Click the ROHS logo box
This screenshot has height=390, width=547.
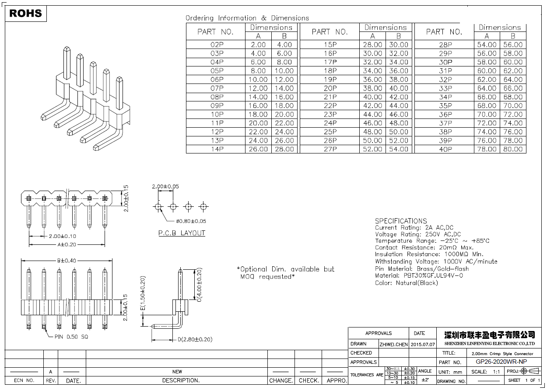[26, 14]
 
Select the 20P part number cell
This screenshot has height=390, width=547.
[330, 88]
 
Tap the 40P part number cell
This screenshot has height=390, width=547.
[445, 149]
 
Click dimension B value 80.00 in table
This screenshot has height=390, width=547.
[513, 149]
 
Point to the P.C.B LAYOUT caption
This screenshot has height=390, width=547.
[182, 233]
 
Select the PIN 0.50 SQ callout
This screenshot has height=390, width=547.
[71, 337]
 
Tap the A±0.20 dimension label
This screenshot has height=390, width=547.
[67, 244]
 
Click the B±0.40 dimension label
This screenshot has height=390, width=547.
[67, 261]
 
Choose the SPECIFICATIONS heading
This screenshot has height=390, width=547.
[400, 221]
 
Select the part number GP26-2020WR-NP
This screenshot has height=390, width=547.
[501, 362]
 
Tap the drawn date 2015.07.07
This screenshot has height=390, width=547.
[423, 344]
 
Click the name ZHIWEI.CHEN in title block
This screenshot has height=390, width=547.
[393, 344]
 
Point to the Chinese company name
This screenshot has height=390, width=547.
[489, 335]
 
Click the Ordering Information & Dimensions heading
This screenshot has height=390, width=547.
[247, 18]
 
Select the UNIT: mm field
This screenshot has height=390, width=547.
[450, 372]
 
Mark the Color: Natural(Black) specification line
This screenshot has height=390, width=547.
[406, 283]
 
